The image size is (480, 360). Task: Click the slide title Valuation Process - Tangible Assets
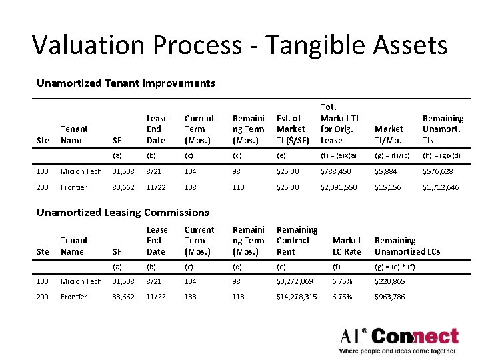point(239,45)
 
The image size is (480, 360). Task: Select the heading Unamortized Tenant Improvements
point(126,83)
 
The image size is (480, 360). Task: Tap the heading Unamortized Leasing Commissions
point(123,212)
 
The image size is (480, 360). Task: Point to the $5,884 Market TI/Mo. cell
point(386,172)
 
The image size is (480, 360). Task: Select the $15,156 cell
point(388,187)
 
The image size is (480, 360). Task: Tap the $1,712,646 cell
point(441,187)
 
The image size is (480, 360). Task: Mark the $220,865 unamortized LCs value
point(390,281)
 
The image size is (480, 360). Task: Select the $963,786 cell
point(390,297)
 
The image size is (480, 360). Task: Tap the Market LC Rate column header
point(347,246)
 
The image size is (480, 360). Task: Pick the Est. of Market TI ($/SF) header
point(291,129)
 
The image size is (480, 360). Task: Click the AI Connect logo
point(399,336)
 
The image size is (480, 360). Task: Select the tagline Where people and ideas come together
point(398,350)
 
